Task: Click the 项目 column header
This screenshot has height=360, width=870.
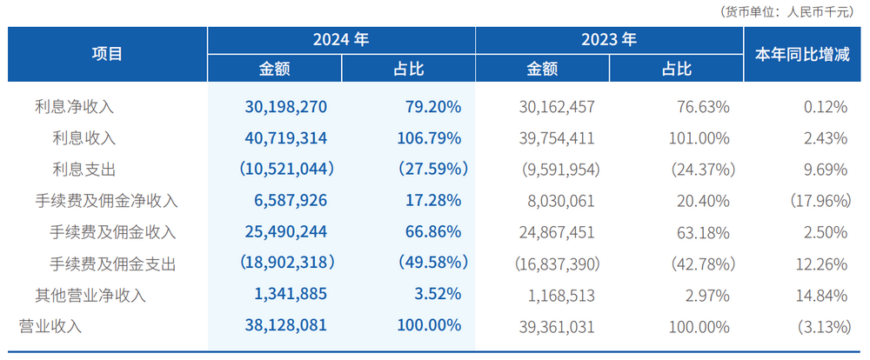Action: (108, 54)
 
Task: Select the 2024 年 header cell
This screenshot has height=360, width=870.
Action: (341, 40)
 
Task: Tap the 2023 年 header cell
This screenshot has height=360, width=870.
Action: (609, 40)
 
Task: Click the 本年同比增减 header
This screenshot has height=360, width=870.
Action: (801, 54)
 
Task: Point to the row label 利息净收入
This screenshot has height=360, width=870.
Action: (74, 107)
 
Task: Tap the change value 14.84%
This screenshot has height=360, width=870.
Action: (820, 295)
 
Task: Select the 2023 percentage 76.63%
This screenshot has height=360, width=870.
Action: (702, 107)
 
